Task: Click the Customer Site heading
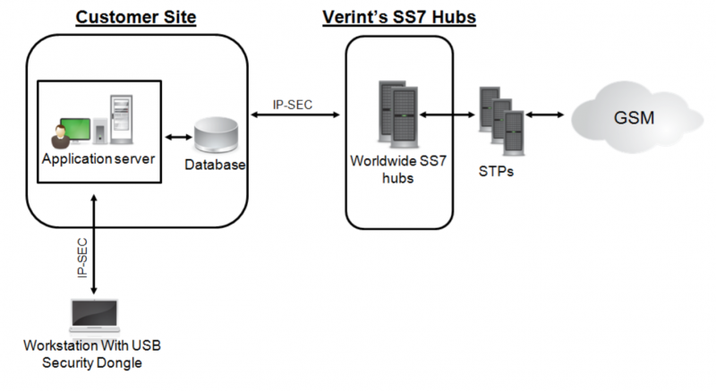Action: pyautogui.click(x=136, y=17)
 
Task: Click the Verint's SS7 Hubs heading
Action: pyautogui.click(x=399, y=17)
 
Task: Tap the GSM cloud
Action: pyautogui.click(x=636, y=117)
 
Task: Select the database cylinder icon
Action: pyautogui.click(x=216, y=134)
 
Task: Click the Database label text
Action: pyautogui.click(x=215, y=165)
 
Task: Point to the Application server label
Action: pyautogui.click(x=98, y=158)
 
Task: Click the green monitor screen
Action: pyautogui.click(x=75, y=129)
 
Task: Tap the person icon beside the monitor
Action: pyautogui.click(x=60, y=136)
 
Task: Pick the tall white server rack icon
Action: pyautogui.click(x=122, y=120)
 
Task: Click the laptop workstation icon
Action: pyautogui.click(x=95, y=316)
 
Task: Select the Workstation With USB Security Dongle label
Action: pyautogui.click(x=92, y=354)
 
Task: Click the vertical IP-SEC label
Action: pyautogui.click(x=82, y=259)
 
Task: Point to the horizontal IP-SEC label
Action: pyautogui.click(x=293, y=105)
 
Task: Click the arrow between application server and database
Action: pyautogui.click(x=178, y=137)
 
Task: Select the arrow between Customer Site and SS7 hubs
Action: pyautogui.click(x=295, y=115)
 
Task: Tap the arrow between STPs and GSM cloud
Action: pyautogui.click(x=545, y=115)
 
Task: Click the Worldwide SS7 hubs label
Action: pyautogui.click(x=398, y=169)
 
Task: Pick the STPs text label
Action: pyautogui.click(x=496, y=172)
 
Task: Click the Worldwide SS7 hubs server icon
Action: pyautogui.click(x=398, y=115)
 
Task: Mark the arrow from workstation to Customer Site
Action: pyautogui.click(x=94, y=244)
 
